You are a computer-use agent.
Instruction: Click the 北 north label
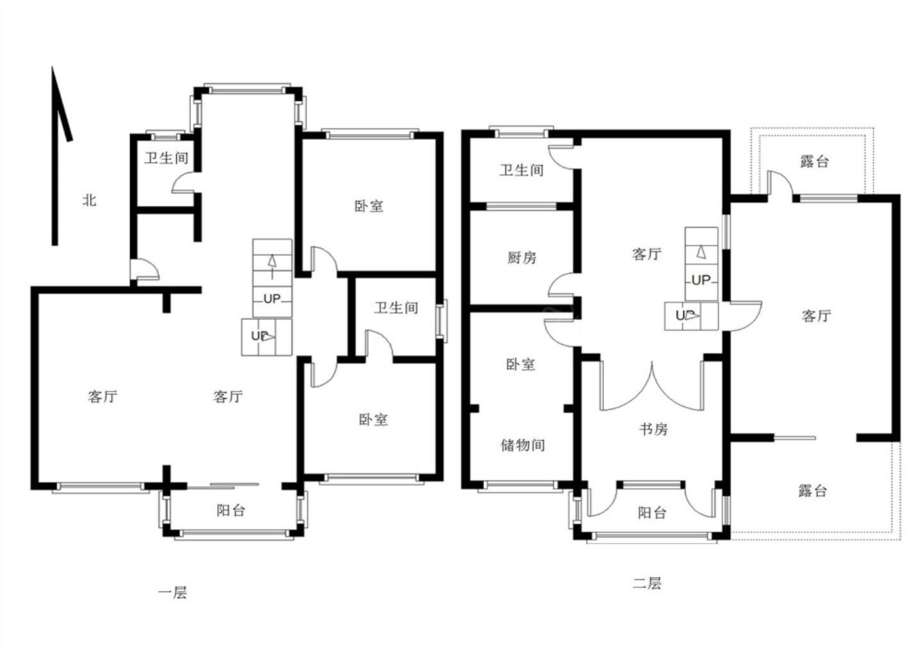coord(90,200)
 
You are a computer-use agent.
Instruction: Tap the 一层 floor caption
coord(172,592)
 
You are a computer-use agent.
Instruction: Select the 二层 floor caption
coord(647,583)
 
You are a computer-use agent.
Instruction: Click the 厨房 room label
coord(521,257)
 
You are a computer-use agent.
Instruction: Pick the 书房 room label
coord(653,429)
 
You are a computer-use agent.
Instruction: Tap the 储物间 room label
coord(522,445)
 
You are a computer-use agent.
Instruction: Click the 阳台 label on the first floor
coord(230,510)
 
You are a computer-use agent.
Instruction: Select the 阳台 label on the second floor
coord(652,512)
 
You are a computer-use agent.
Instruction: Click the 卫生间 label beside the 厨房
coord(521,170)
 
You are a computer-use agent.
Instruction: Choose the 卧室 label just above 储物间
coord(521,365)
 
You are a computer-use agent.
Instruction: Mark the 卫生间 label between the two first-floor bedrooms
coord(396,308)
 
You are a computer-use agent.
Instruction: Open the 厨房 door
coord(562,285)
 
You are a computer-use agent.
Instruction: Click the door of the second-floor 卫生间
coord(561,157)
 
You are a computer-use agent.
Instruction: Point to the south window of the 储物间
coord(521,485)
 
